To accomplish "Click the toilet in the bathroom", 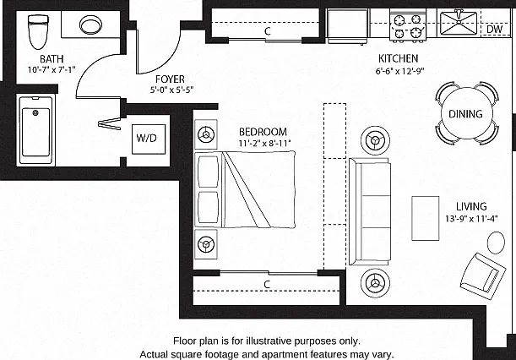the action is point(38,31).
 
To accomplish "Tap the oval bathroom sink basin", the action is point(90,25).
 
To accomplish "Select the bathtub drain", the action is point(35,113).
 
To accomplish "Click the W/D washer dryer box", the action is point(149,139).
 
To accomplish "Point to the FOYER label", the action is point(170,79).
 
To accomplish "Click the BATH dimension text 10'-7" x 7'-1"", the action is point(52,70).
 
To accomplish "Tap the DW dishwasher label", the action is point(494,29).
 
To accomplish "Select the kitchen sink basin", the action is point(459,23).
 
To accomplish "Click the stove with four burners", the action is point(408,25).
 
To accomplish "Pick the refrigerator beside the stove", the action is point(347,26).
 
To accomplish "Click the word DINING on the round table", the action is point(465,114).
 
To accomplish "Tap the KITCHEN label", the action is point(398,58).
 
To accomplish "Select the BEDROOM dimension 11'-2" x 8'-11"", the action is point(264,144).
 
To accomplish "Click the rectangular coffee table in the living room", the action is point(425,218).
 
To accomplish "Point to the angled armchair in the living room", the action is point(483,276).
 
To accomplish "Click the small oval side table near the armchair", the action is point(496,243).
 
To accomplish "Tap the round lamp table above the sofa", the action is point(375,140).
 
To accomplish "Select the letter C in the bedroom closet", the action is point(267,284).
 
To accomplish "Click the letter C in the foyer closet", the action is point(268,31).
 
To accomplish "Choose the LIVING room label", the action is point(471,206).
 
